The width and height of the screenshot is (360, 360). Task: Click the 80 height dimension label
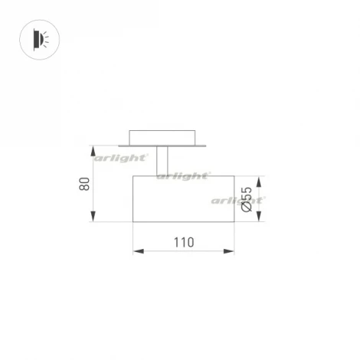pyautogui.click(x=85, y=184)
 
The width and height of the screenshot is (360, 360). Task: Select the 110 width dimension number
pyautogui.click(x=183, y=242)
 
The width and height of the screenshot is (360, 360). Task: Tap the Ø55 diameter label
pyautogui.click(x=247, y=199)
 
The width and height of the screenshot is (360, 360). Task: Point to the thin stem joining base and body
pyautogui.click(x=163, y=161)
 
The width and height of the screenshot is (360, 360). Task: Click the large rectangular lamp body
pyautogui.click(x=184, y=199)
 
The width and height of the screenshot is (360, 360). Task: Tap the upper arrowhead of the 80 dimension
pyautogui.click(x=93, y=149)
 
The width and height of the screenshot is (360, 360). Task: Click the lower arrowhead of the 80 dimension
pyautogui.click(x=93, y=219)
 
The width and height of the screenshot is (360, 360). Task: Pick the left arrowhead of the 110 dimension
pyautogui.click(x=136, y=250)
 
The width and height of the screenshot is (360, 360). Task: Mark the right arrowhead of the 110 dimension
pyautogui.click(x=231, y=250)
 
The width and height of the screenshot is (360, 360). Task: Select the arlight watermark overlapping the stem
pyautogui.click(x=184, y=175)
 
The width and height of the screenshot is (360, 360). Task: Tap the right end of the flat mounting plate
pyautogui.click(x=205, y=144)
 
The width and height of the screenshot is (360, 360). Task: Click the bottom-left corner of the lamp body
pyautogui.click(x=133, y=222)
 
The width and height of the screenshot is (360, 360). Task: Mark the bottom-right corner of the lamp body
pyautogui.click(x=234, y=222)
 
